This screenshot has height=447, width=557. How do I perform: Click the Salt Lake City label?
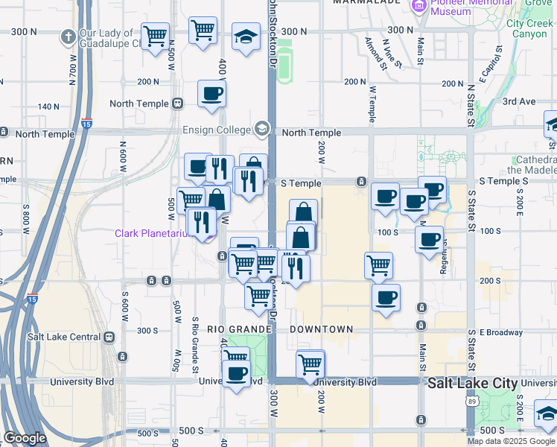[x=472, y=382]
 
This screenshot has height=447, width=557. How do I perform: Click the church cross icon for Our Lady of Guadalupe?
[x=68, y=36]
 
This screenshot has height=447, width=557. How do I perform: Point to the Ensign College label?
[x=217, y=130]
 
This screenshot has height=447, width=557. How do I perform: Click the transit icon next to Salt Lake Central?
[x=110, y=336]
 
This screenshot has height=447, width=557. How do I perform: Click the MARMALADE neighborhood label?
[x=362, y=2]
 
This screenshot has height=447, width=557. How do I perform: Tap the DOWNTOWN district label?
[x=321, y=329]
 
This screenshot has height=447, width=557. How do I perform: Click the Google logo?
[x=25, y=438]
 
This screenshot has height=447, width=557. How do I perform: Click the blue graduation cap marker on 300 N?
[x=245, y=37]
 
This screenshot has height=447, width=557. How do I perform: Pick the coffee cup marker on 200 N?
[x=211, y=95]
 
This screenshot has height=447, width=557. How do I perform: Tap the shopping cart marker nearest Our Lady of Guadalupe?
[x=155, y=37]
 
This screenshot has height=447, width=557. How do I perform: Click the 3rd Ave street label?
[x=519, y=101]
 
